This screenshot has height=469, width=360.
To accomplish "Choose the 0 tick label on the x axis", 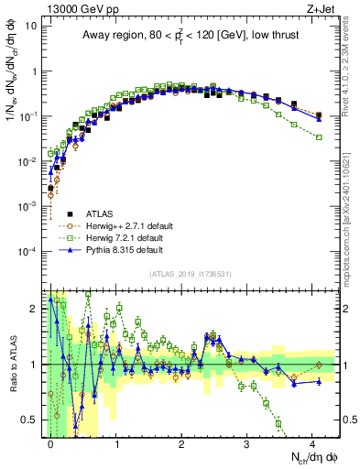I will (x=50, y=442).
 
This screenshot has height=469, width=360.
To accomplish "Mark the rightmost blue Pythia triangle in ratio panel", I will (x=319, y=381).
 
